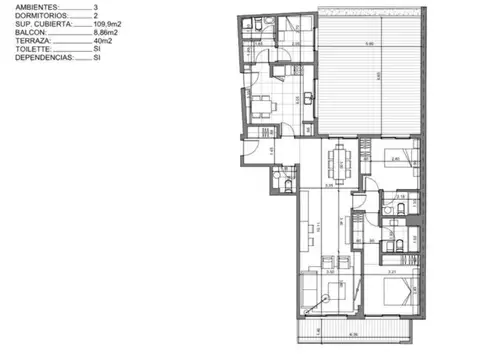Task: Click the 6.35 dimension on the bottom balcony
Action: point(353,334)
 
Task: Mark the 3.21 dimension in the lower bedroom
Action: point(392,271)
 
